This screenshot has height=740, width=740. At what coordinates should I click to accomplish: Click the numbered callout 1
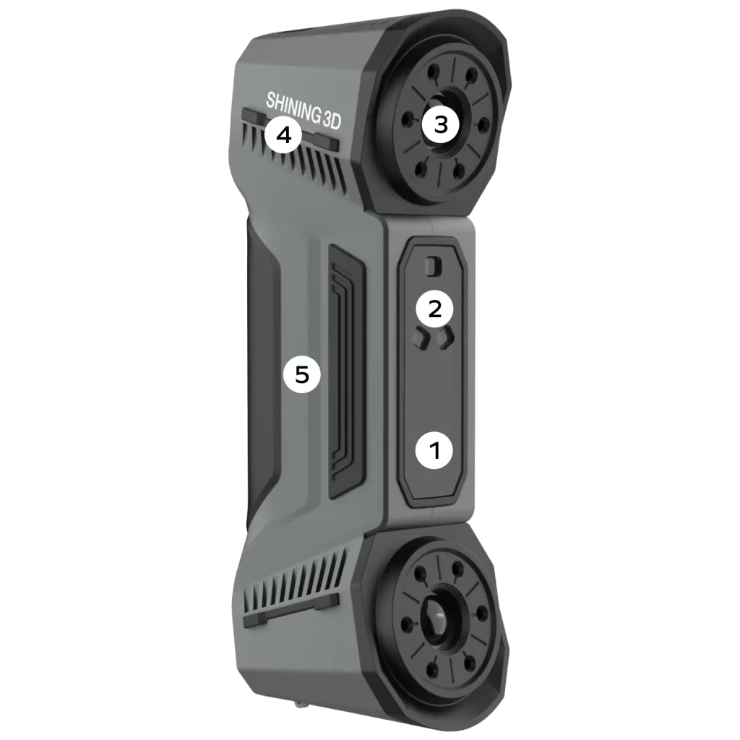tap(434, 450)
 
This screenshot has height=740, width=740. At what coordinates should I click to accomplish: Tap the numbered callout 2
tap(434, 309)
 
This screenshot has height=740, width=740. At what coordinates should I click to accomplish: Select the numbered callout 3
tap(440, 125)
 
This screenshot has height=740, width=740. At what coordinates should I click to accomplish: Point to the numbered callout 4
tap(283, 135)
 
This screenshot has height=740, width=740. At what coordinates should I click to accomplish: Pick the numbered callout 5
tap(301, 375)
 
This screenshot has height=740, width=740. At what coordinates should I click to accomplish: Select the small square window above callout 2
tap(433, 267)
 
